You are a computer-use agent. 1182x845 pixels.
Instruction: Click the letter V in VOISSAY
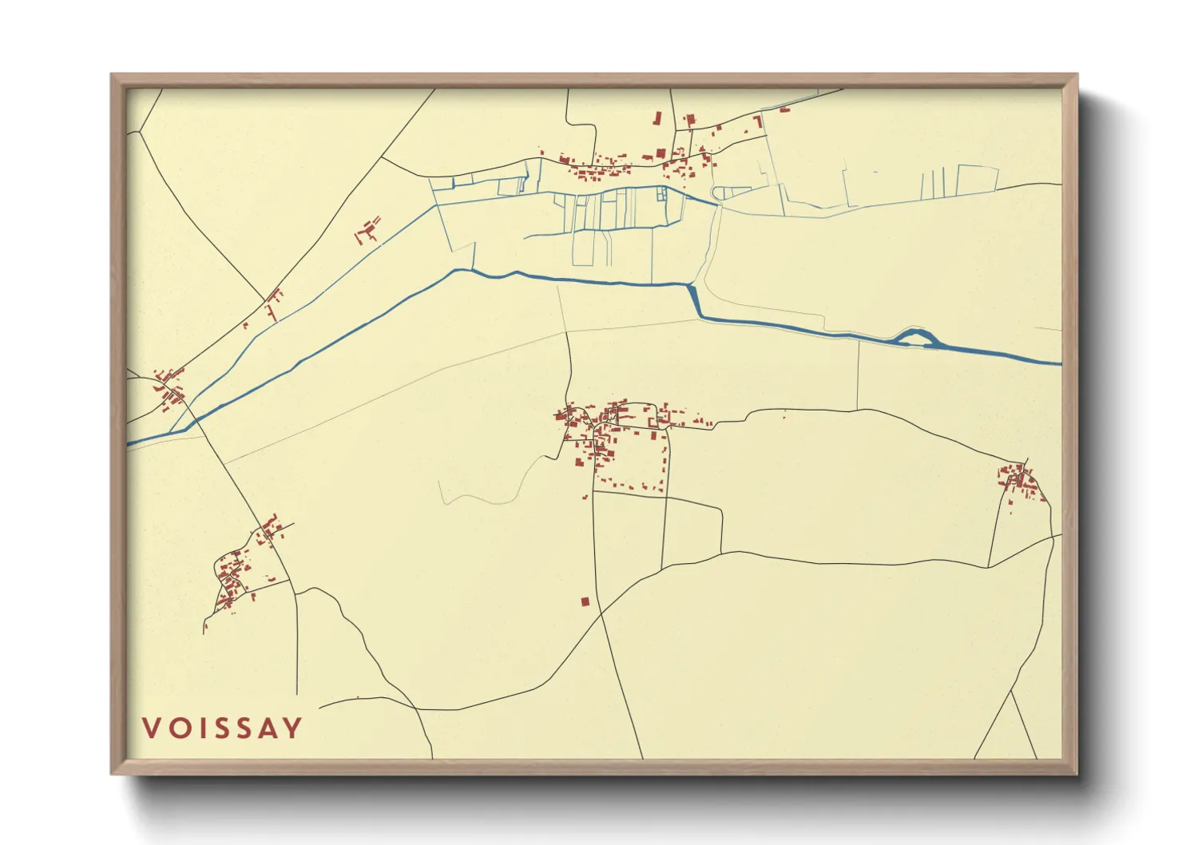[x=150, y=728]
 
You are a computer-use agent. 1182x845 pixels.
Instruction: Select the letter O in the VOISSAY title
[x=177, y=728]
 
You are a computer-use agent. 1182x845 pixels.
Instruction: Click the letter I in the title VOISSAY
[x=197, y=728]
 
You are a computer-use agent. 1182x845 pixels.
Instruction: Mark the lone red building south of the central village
[x=585, y=601]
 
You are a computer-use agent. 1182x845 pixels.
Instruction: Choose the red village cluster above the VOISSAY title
[x=236, y=571]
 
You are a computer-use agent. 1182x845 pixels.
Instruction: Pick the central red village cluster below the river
[x=611, y=435]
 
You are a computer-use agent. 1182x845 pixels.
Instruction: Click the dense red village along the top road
[x=631, y=164]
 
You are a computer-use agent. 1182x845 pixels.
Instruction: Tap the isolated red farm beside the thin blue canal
[x=368, y=229]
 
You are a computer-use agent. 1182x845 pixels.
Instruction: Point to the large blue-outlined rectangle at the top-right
[x=977, y=180]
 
